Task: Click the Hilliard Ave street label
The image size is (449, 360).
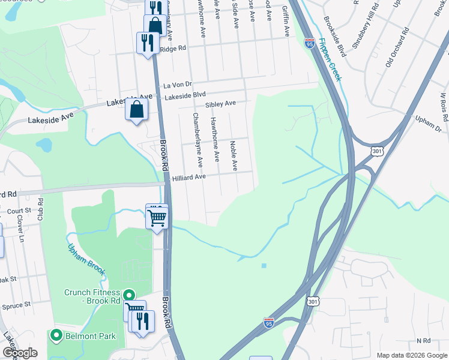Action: click(189, 177)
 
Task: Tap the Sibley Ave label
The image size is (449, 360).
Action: click(220, 104)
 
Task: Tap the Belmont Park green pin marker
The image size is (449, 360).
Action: click(57, 335)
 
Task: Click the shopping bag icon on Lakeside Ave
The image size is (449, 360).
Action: click(137, 110)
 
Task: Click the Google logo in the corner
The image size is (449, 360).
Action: click(20, 352)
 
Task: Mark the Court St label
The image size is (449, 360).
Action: click(19, 211)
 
